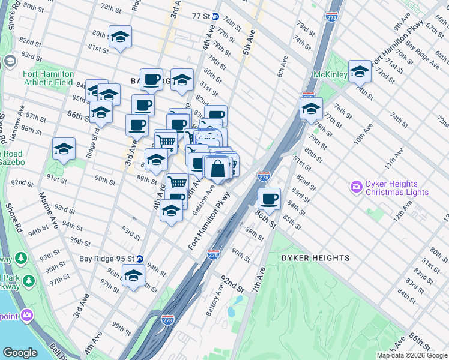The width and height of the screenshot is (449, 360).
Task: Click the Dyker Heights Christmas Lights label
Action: [397, 188]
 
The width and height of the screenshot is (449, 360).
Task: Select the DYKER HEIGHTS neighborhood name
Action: [315, 258]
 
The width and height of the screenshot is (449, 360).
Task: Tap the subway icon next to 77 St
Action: [215, 16]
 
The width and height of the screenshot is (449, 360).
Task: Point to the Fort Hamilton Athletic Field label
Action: [48, 78]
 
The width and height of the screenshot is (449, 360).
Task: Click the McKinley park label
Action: [330, 75]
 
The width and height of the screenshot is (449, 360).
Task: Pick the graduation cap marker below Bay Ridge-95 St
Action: [134, 277]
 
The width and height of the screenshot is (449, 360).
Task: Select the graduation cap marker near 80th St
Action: [120, 37]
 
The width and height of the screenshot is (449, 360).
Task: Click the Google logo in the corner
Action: [20, 353]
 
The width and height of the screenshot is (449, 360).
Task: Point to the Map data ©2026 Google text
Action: [412, 355]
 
